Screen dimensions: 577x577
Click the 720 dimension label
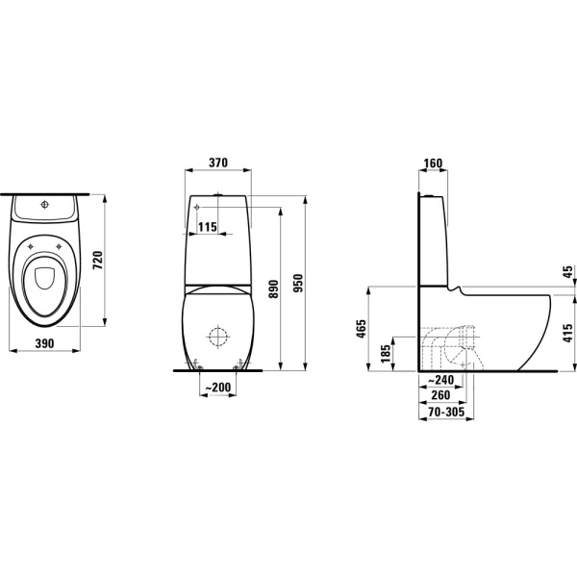click(98, 261)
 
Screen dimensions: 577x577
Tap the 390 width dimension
click(44, 343)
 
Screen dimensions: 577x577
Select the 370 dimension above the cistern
click(218, 163)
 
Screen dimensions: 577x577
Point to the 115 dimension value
click(208, 227)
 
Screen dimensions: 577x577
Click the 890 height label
click(273, 288)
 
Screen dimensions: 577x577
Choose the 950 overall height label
click(298, 283)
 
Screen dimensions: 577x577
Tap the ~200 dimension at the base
click(218, 388)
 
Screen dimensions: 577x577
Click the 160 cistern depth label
click(433, 163)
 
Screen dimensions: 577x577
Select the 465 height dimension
click(362, 329)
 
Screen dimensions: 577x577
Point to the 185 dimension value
click(386, 354)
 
